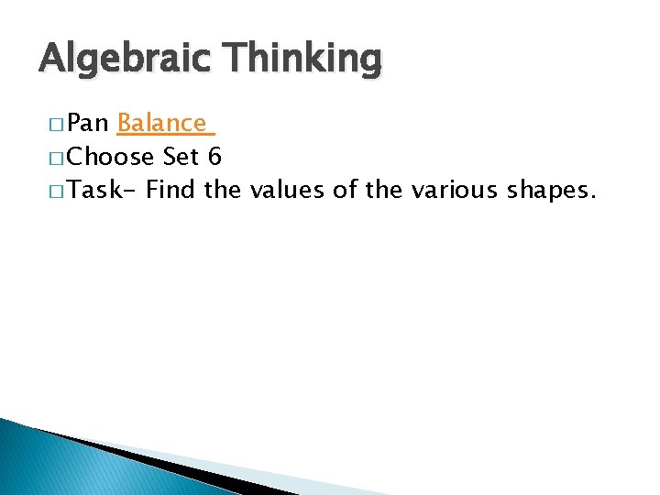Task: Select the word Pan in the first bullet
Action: click(89, 123)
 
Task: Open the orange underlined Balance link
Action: click(161, 123)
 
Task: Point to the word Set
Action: click(181, 157)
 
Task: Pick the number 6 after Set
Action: click(214, 157)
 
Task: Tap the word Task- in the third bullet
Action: click(103, 191)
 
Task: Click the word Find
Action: click(171, 191)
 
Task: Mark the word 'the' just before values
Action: click(223, 191)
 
